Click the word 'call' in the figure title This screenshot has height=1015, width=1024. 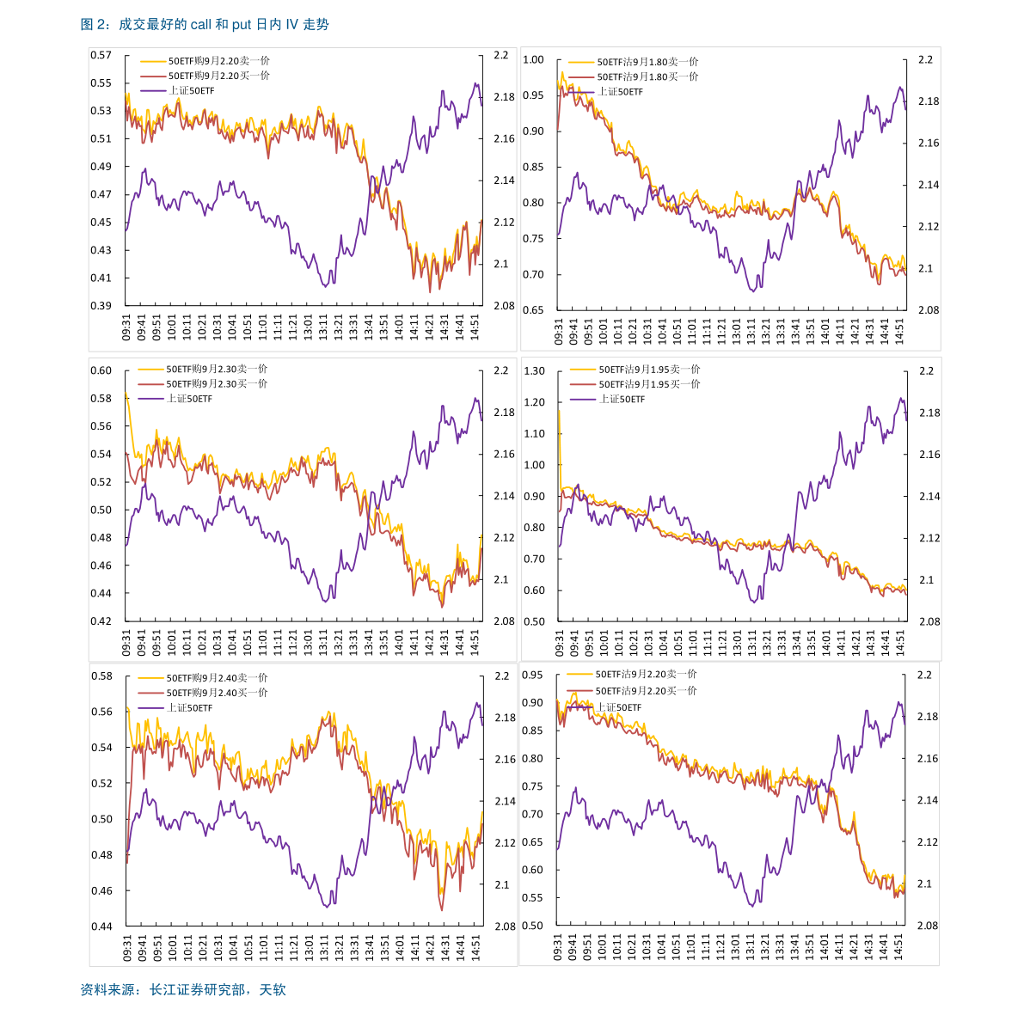[200, 25]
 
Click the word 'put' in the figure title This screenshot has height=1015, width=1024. [241, 25]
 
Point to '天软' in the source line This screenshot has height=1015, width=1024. [273, 990]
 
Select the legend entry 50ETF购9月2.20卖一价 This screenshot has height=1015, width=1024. [218, 61]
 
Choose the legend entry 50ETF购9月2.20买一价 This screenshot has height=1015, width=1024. [218, 76]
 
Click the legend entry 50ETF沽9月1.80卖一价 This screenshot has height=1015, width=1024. [647, 62]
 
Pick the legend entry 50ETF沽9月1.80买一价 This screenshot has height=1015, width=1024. [647, 76]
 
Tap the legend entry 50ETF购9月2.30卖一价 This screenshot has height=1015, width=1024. [217, 369]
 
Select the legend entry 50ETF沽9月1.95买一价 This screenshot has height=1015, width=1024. [649, 384]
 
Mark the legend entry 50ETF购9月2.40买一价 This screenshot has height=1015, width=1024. [217, 693]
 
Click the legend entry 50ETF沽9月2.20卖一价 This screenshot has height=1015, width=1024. [646, 675]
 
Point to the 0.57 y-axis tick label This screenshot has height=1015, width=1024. [101, 55]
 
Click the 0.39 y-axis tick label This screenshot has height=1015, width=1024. [101, 306]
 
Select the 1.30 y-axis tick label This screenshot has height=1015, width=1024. [534, 371]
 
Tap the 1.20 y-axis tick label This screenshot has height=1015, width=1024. [534, 402]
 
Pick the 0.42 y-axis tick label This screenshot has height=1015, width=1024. [101, 621]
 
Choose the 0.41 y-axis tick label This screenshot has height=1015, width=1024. [101, 278]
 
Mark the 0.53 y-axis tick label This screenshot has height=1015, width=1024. [101, 111]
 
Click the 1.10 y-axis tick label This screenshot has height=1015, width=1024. [534, 434]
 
